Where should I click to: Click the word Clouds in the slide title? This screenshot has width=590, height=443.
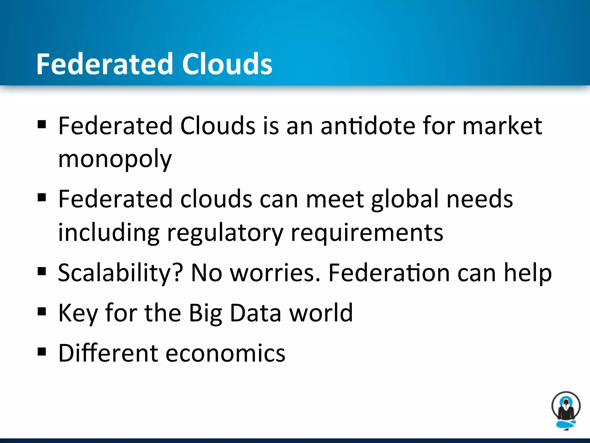227,64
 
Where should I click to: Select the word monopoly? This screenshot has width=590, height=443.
115,159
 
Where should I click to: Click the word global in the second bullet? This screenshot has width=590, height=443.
405,200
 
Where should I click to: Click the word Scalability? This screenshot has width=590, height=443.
120,273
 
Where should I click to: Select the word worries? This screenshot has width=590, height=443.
275,273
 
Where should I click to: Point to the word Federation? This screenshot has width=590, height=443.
389,273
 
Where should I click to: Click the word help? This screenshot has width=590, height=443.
527,273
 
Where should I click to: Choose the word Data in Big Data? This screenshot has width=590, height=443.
256,313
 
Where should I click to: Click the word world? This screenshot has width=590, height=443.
321,313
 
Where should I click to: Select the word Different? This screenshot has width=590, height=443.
108,353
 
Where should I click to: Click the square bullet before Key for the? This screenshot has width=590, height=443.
42,311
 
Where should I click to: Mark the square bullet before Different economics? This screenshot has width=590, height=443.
42,352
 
